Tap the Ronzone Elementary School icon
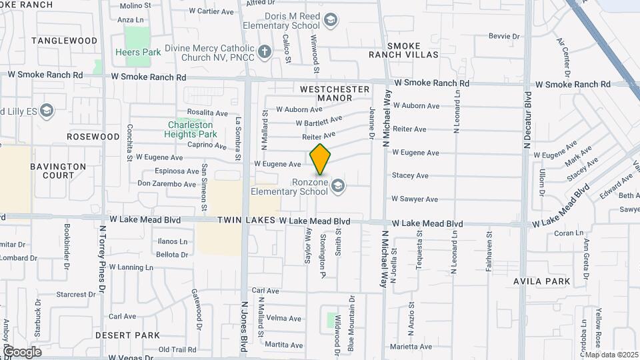pos(338,186)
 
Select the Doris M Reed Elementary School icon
pos(329,21)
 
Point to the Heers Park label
pos(138,52)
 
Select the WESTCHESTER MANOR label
pos(335,93)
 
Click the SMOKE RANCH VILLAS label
pos(404,50)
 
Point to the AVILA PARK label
pos(542,281)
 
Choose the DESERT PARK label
pos(127,335)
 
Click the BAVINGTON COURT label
pos(58,171)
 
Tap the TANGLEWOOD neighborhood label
pos(64,41)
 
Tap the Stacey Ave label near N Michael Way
pos(410,176)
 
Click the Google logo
pos(21,351)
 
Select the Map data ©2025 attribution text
pos(612,355)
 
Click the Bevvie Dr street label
pos(503,36)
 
